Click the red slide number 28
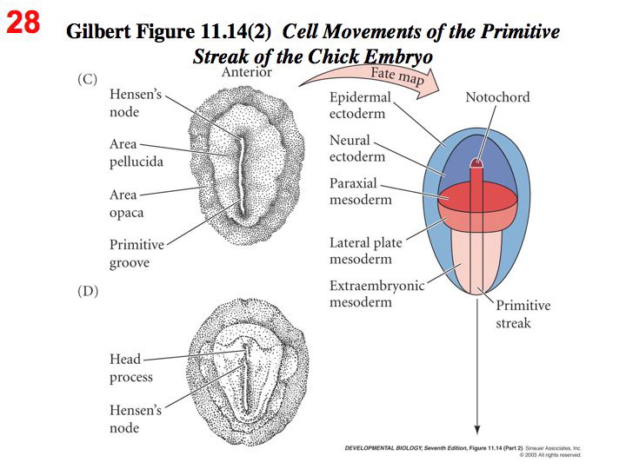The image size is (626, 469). coord(23,23)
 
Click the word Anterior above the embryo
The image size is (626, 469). coord(247,72)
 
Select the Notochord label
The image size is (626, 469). coord(497,97)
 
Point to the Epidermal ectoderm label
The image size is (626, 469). coord(360,105)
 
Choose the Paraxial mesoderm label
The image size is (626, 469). coord(360,191)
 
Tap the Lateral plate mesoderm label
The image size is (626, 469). coord(365,250)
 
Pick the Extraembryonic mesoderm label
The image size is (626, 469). coord(376,294)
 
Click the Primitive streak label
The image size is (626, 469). coord(523,314)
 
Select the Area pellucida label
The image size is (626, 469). coord(136,153)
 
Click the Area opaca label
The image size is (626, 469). coord(127,203)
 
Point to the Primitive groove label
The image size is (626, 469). coord(137,254)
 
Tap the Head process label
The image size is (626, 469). coord(130,368)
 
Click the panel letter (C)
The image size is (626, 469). coord(87,78)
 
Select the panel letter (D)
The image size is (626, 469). coord(87,292)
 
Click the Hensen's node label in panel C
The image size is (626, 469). coord(136,103)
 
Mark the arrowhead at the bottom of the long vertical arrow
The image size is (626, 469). coord(477,431)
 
